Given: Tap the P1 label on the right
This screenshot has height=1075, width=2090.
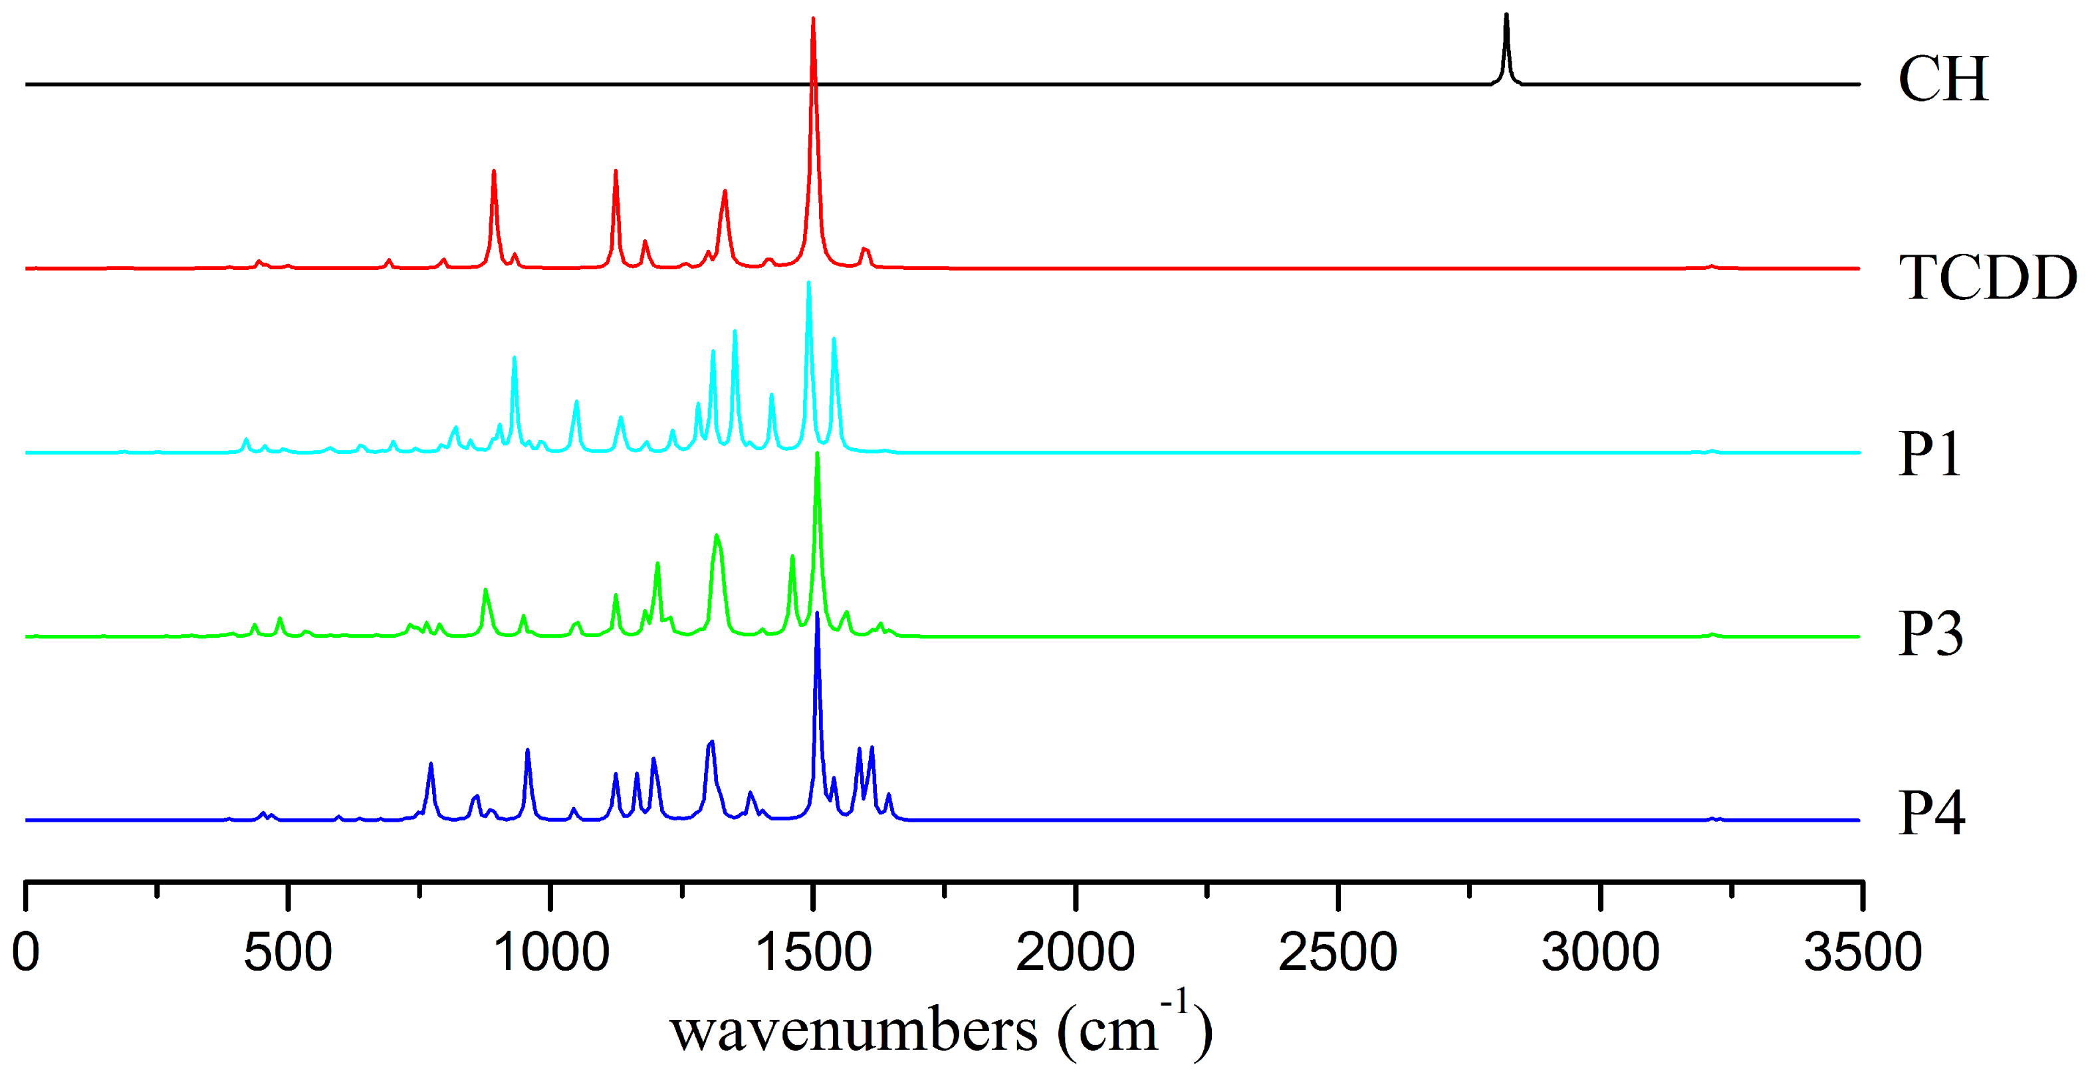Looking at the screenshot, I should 1929,453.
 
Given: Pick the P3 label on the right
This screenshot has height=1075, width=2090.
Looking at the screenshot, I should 1930,634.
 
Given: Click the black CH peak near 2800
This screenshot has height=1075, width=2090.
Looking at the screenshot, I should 1506,16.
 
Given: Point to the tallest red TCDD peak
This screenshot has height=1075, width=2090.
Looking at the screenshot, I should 813,19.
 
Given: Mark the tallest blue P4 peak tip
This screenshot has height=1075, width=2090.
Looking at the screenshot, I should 817,614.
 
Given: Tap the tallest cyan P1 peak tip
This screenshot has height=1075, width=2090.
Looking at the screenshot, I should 808,283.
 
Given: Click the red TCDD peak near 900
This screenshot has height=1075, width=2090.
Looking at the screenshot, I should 493,172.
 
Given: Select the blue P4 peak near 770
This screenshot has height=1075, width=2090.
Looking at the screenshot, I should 430,765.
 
